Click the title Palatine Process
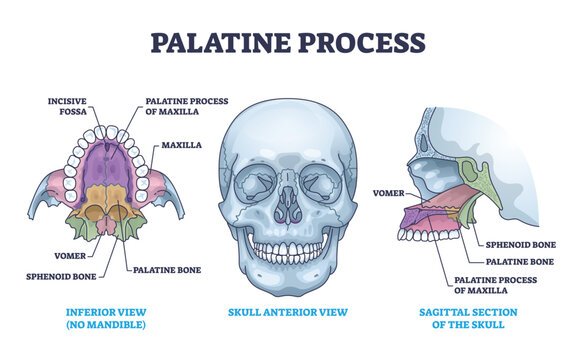click(287, 43)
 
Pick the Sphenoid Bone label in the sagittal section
click(520, 243)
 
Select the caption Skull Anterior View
click(287, 311)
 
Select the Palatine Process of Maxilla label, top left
click(185, 107)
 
